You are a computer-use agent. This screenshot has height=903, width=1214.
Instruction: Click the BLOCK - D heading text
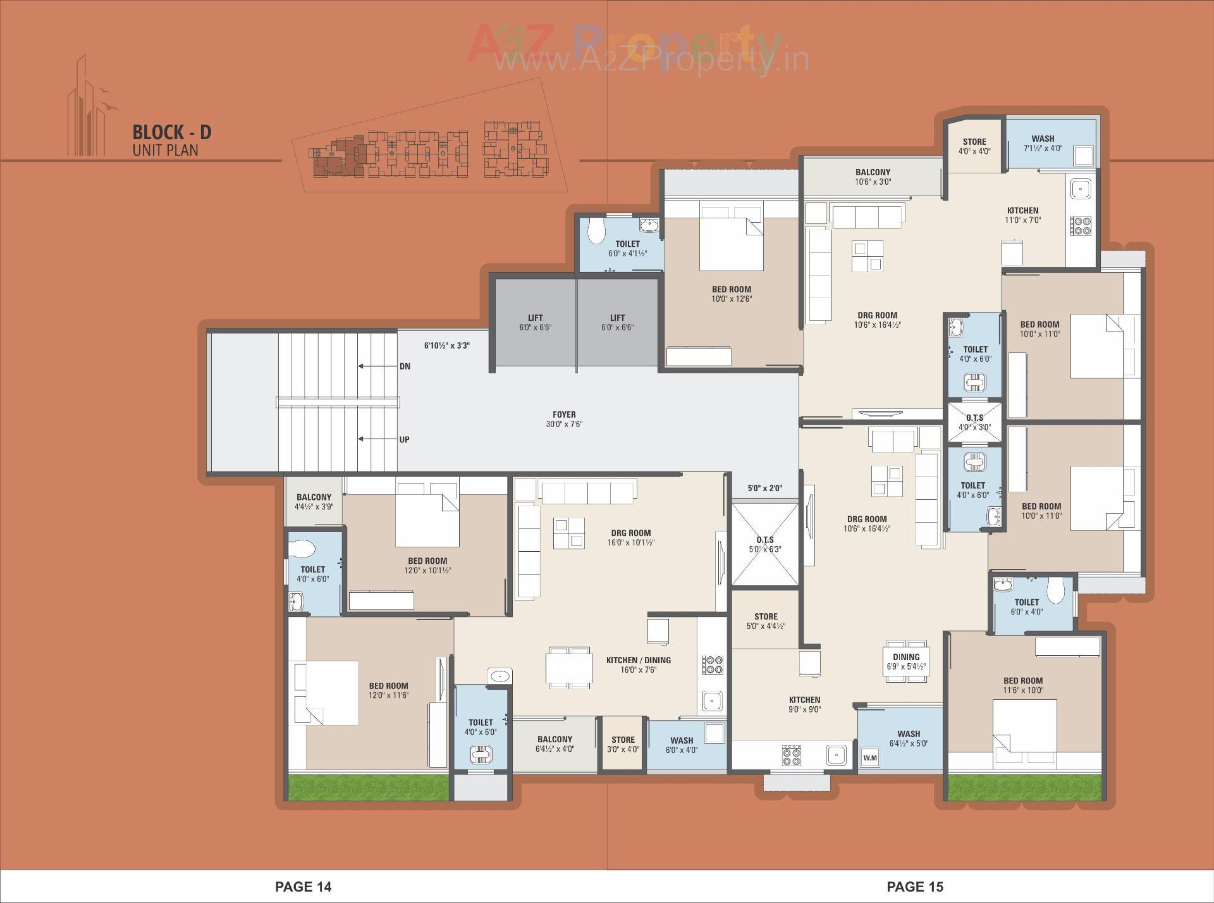coord(171,132)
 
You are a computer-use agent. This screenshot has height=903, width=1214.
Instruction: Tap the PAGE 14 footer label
coord(303,887)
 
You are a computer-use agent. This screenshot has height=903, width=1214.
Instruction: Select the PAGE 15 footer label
coord(914,887)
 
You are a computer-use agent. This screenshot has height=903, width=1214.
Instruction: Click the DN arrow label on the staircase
coord(405,366)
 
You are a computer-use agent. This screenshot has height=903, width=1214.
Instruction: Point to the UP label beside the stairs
coord(404,439)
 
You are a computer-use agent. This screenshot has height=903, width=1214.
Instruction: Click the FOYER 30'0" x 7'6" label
coord(563,420)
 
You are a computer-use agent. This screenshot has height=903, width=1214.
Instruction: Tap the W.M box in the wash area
coord(870,757)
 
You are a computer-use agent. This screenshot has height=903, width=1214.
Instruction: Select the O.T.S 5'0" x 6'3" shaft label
coord(764,544)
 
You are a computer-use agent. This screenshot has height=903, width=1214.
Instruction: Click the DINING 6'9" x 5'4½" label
coord(906,661)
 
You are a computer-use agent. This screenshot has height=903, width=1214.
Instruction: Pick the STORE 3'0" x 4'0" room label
coord(623,744)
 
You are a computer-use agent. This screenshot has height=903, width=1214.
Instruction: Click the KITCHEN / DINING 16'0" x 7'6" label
coord(639,664)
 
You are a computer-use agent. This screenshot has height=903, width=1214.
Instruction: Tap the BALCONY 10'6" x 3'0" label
coord(873,177)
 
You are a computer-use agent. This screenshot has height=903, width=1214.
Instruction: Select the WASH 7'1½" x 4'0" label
coord(1043,143)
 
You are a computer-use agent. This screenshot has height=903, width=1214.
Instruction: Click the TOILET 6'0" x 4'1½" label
coord(627,248)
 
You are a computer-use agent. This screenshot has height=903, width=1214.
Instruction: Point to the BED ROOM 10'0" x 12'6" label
coord(732,294)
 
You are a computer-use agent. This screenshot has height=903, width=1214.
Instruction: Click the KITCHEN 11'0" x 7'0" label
coord(1022,215)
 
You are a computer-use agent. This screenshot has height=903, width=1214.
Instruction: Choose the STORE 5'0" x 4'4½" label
coord(766,621)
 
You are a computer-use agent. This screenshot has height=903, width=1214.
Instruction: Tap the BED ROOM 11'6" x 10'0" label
coord(1022,685)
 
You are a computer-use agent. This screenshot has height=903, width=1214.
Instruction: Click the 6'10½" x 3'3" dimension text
coord(446,346)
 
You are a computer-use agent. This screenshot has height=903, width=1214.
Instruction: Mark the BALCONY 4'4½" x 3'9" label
coord(314,502)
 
